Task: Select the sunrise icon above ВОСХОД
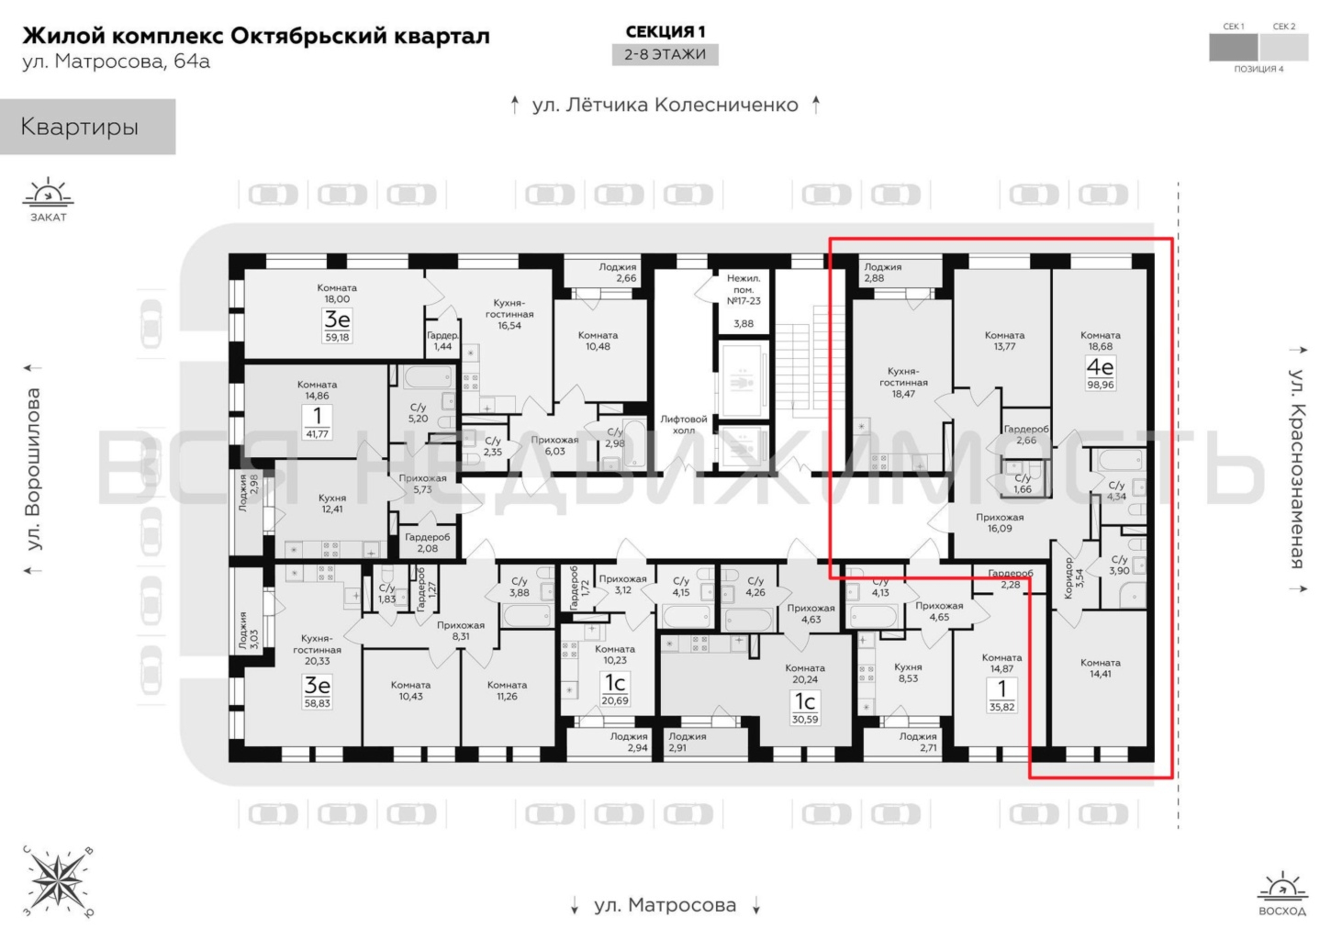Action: tap(1282, 886)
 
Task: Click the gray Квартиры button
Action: tap(87, 126)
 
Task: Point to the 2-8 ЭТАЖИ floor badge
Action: tap(665, 55)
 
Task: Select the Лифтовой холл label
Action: tap(683, 424)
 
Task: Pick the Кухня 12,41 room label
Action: tap(332, 503)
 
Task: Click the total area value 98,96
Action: tap(1100, 384)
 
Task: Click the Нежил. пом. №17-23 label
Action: tap(744, 290)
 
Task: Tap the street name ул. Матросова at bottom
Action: tap(665, 905)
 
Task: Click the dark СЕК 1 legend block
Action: tap(1233, 47)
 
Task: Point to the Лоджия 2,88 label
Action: tap(882, 273)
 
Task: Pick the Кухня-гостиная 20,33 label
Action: tap(317, 650)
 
